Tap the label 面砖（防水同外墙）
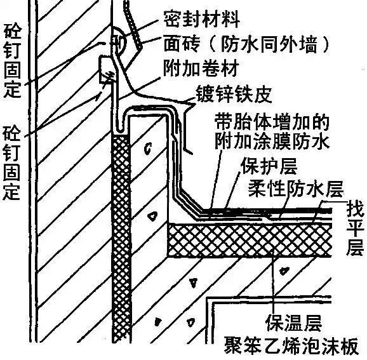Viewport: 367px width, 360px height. point(246,43)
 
